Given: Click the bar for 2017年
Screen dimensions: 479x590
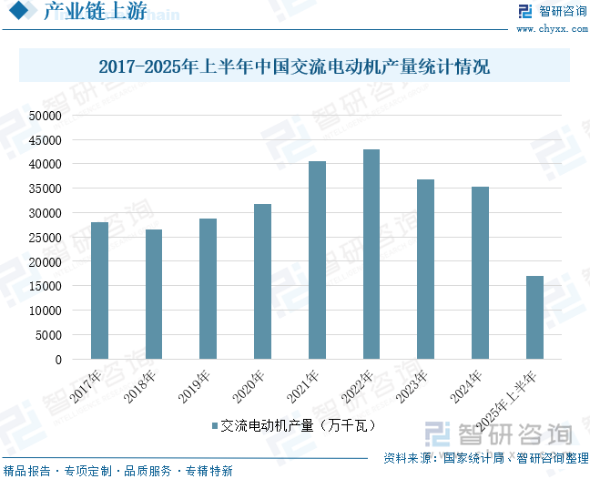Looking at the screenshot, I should tap(100, 290).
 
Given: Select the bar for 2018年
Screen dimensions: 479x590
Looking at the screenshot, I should tap(154, 294).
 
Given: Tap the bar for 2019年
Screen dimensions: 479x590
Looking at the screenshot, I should tap(209, 289).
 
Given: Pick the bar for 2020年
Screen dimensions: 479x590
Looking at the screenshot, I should tap(262, 281).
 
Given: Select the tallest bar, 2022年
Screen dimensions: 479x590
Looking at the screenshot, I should tap(371, 254).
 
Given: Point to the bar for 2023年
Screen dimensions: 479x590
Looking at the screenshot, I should tap(425, 269).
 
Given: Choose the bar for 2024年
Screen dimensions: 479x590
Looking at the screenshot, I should tap(480, 272).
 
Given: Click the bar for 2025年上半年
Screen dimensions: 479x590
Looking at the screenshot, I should tap(534, 317).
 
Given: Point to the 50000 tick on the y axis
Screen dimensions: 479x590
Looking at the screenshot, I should tap(45, 116).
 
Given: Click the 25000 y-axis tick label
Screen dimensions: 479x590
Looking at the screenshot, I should tap(45, 238).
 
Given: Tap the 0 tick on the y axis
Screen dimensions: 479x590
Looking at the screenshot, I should tap(57, 360).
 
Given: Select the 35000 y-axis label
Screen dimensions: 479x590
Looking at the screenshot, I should tap(45, 189).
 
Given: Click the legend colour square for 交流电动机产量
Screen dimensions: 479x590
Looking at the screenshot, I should tap(214, 425).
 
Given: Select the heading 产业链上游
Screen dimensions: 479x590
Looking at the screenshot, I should tap(95, 12).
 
